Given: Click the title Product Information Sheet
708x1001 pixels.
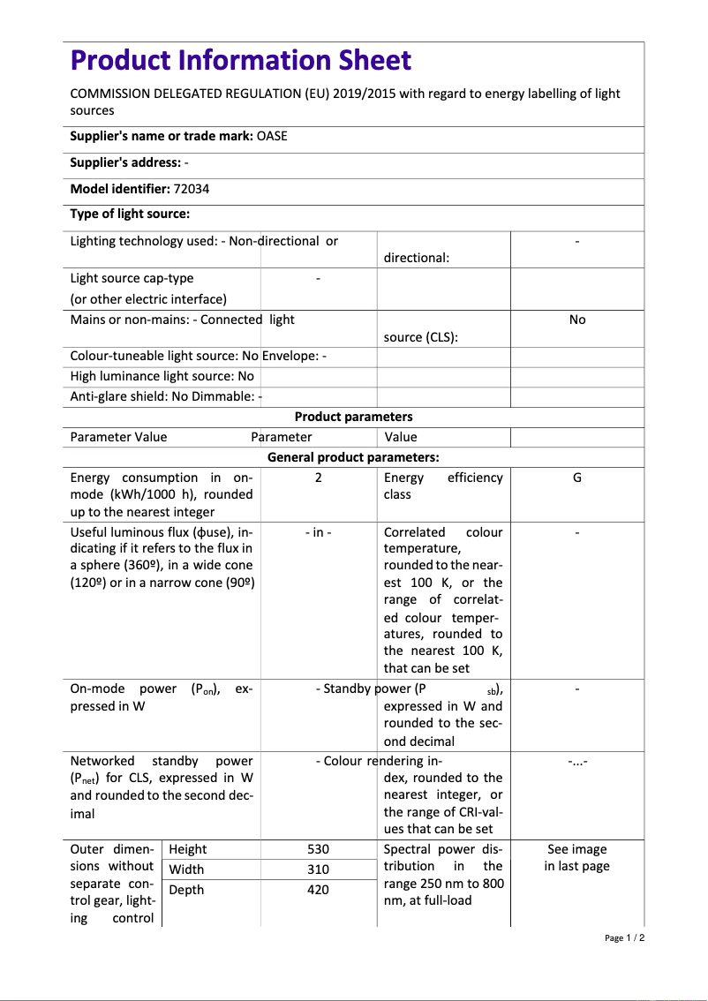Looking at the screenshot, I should [240, 60].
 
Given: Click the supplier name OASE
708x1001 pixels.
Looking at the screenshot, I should [272, 136].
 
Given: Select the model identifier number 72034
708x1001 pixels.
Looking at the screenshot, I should [192, 189].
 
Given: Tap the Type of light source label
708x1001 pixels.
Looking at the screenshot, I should [130, 214].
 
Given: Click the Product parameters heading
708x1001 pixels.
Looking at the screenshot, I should [353, 417].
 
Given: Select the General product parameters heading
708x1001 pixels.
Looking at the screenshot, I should [353, 457].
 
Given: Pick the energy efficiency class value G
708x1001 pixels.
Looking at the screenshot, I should [577, 478].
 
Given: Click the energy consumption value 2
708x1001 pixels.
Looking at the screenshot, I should [318, 478].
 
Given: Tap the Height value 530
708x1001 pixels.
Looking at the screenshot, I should [318, 849].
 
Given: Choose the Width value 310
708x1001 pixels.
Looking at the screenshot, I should [318, 869].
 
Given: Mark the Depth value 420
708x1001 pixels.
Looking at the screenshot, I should [318, 890].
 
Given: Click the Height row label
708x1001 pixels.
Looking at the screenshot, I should [187, 849].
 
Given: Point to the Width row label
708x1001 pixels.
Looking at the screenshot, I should [186, 869].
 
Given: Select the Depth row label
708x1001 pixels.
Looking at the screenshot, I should [186, 890].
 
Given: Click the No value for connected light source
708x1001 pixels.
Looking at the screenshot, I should [577, 320].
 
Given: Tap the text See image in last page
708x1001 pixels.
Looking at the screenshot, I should [577, 857].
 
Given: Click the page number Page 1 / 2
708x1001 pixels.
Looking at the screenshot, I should [624, 937].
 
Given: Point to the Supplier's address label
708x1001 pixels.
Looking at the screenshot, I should [125, 162].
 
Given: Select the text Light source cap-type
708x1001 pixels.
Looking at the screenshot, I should [132, 278].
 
